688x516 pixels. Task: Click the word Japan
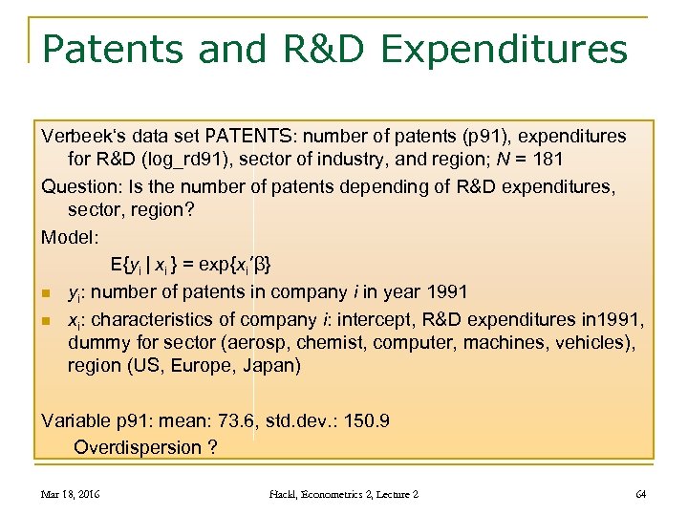click(x=272, y=366)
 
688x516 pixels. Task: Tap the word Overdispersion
click(x=138, y=446)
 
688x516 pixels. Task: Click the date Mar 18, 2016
click(x=71, y=494)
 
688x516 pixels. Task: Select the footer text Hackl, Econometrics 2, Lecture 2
click(x=343, y=494)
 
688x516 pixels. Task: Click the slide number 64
click(x=639, y=494)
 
